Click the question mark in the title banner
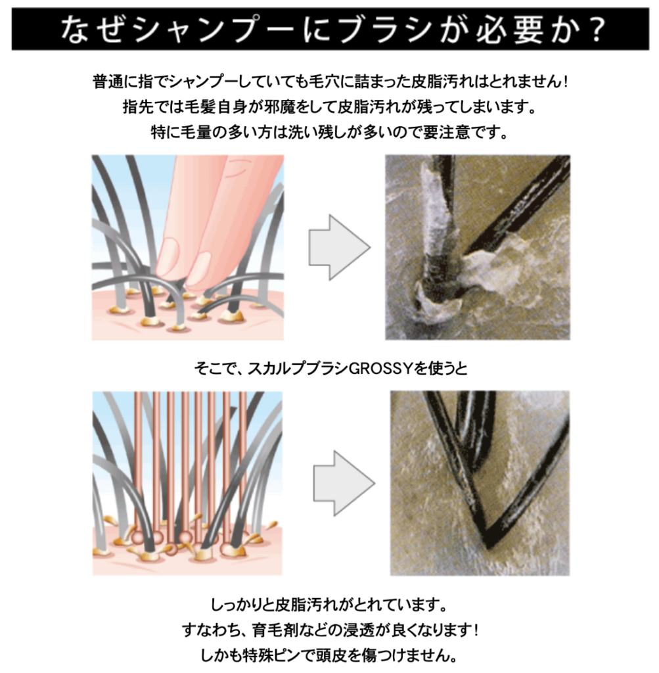click(x=595, y=29)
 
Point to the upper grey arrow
click(x=340, y=248)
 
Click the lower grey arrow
click(x=344, y=483)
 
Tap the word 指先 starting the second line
click(x=138, y=107)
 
